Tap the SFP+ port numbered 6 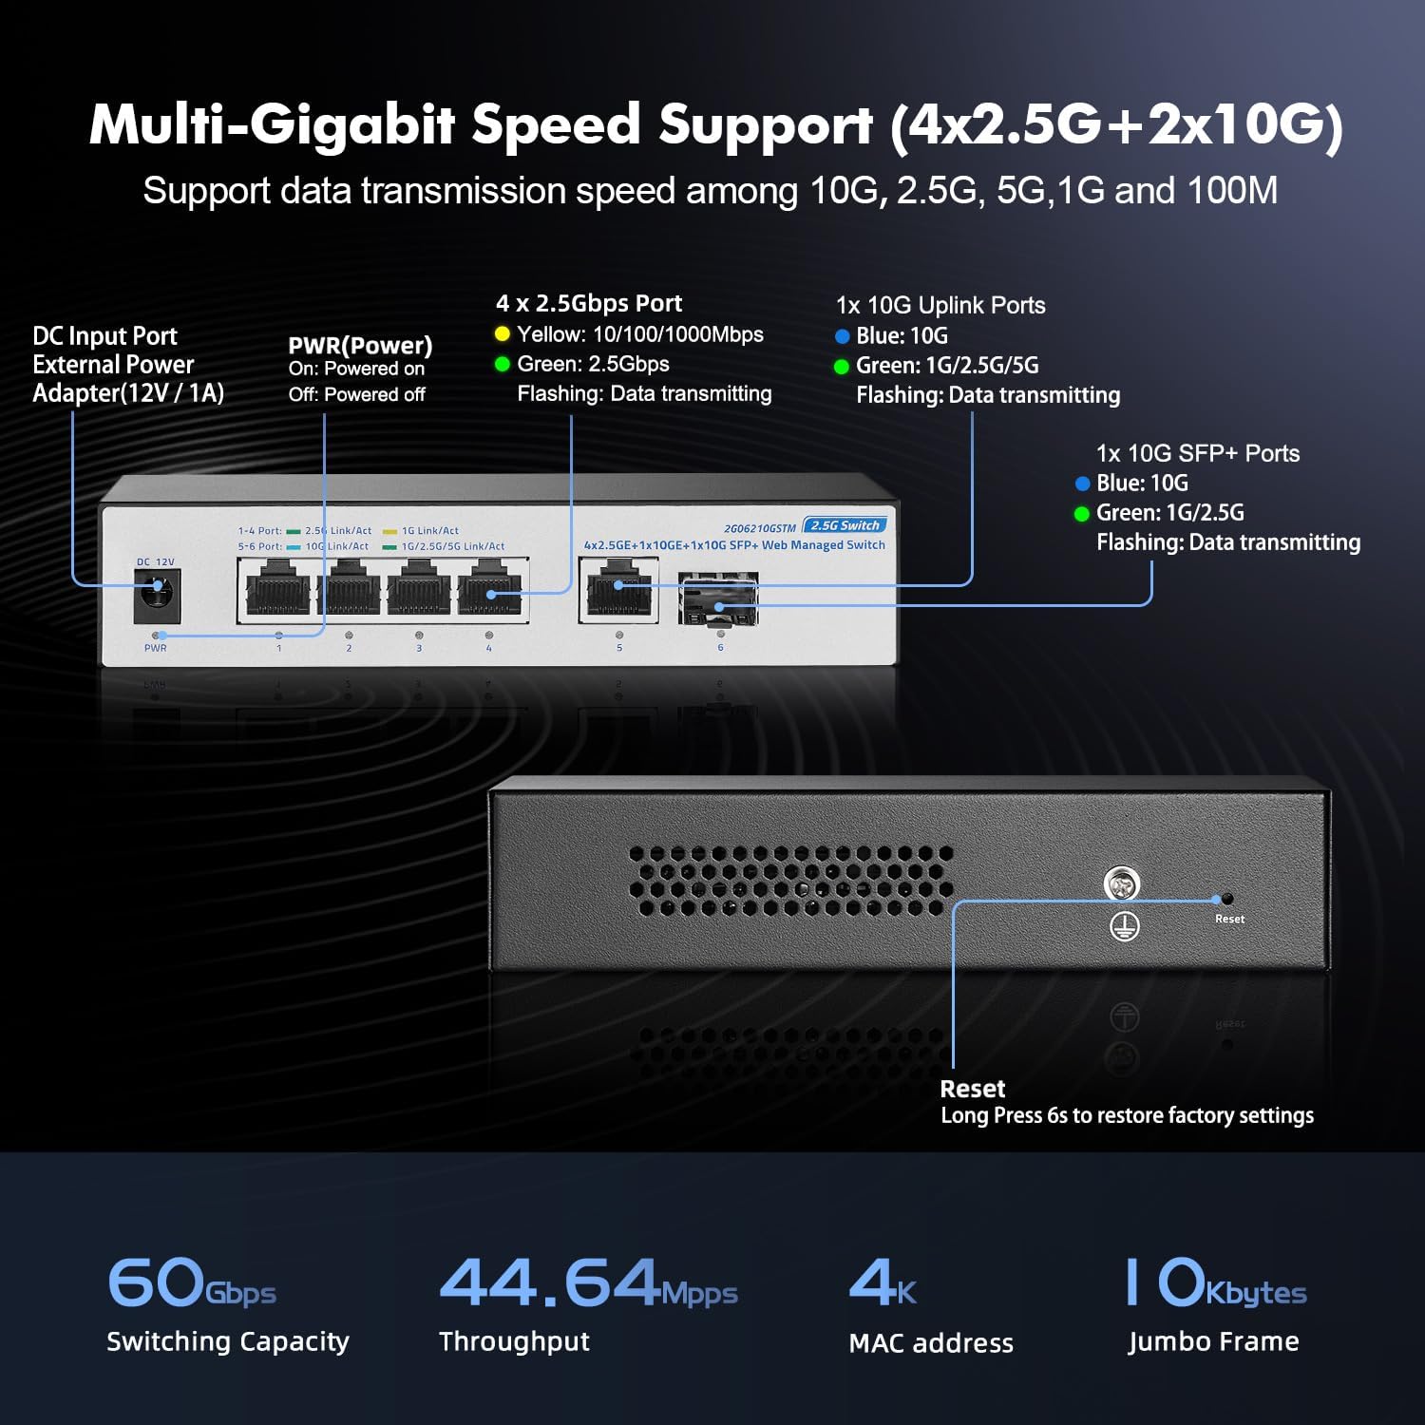[x=718, y=598]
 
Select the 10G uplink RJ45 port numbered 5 [x=618, y=591]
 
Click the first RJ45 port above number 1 [x=278, y=591]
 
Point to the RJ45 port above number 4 [x=489, y=591]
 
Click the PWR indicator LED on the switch [x=156, y=635]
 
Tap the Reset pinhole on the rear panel [x=1227, y=899]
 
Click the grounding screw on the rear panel [x=1122, y=883]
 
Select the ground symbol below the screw [x=1125, y=926]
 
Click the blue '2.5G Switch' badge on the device [x=845, y=525]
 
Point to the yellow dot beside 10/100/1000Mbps [x=503, y=334]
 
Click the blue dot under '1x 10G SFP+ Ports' [x=1082, y=484]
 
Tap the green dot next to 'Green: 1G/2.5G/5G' [x=841, y=367]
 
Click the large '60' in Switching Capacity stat [x=155, y=1282]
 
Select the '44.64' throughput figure [x=549, y=1282]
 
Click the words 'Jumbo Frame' [x=1213, y=1341]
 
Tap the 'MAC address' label [x=931, y=1342]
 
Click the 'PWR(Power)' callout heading [x=360, y=345]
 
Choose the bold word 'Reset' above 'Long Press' [x=972, y=1089]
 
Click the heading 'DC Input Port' [x=104, y=336]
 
